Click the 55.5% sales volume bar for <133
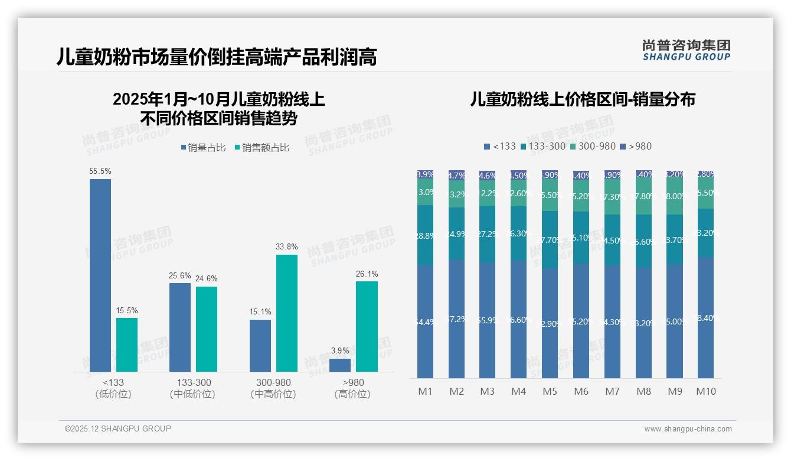(100, 275)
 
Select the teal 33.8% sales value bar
(287, 313)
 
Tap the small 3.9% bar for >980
(340, 365)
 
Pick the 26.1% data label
(367, 274)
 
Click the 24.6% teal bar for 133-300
(207, 329)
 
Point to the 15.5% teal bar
(127, 345)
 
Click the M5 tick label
(550, 391)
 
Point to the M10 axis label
(705, 391)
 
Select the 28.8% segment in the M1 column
(425, 235)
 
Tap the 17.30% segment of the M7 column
(612, 197)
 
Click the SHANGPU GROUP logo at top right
(686, 50)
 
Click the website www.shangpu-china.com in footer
(688, 429)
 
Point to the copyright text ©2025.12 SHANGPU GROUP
(118, 428)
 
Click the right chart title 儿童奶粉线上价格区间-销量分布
(583, 99)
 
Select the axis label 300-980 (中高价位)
(273, 388)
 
